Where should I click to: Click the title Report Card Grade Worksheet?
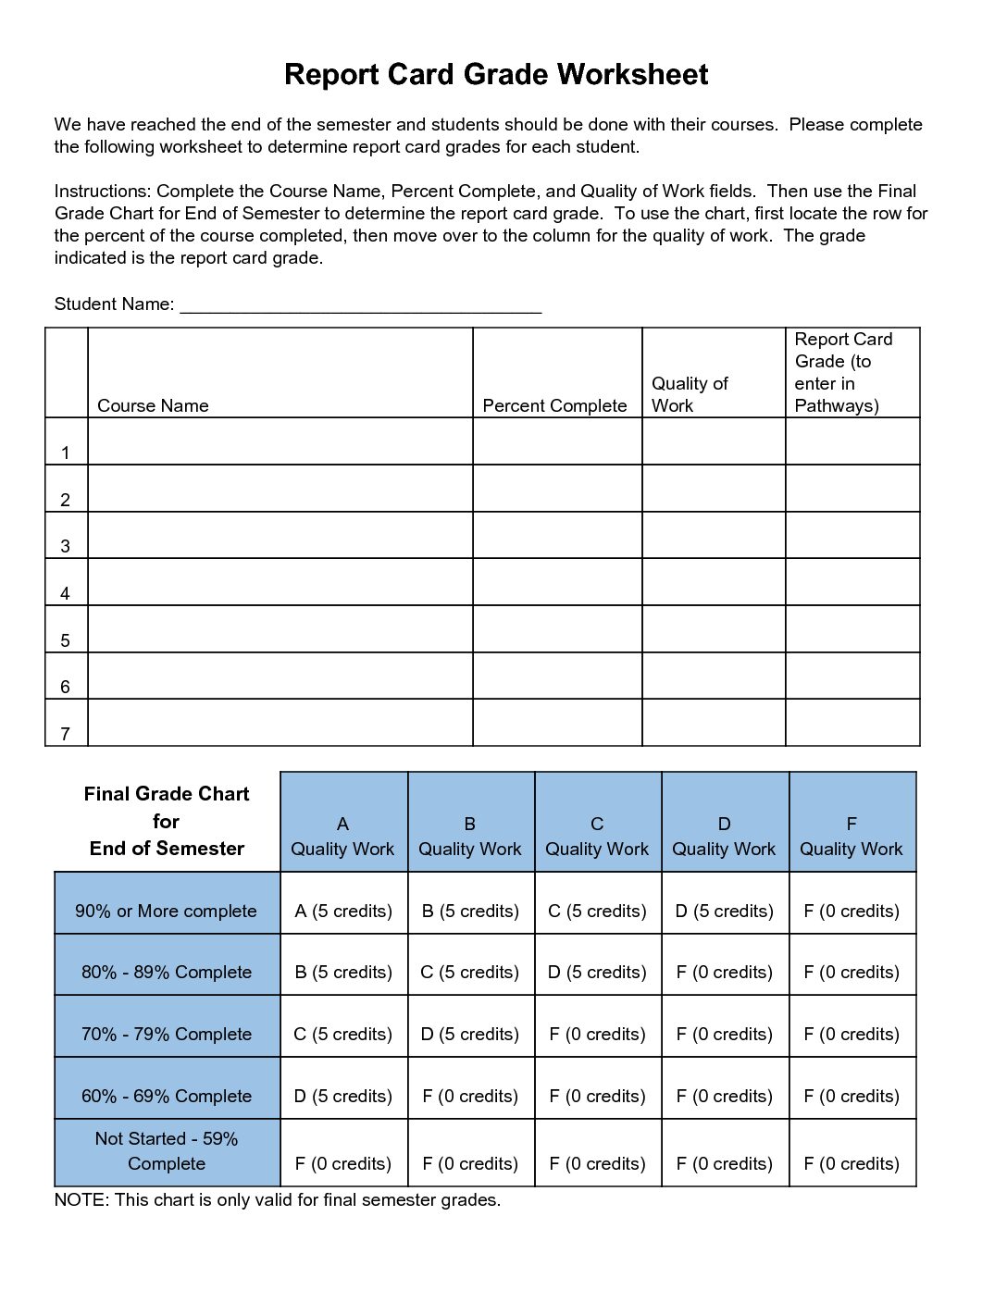pos(496,74)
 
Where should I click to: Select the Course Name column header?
pos(153,405)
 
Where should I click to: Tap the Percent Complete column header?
pos(554,405)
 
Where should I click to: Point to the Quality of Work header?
pos(690,394)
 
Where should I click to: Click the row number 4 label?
pos(65,593)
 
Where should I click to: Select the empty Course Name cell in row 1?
pos(280,441)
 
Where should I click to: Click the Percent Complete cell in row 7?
pos(557,722)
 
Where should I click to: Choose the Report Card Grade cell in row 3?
pos(852,535)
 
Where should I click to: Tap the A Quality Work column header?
pos(342,837)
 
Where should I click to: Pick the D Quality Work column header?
pos(724,837)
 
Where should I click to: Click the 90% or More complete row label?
pos(166,911)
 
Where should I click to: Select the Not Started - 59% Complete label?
pos(167,1151)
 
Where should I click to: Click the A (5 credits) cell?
pos(343,911)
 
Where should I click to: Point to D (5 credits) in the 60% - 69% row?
pos(343,1096)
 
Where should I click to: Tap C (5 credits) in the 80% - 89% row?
pos(470,972)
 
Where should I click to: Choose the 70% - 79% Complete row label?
pos(167,1034)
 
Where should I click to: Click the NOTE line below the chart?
pos(278,1200)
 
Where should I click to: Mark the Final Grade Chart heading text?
pos(167,821)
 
